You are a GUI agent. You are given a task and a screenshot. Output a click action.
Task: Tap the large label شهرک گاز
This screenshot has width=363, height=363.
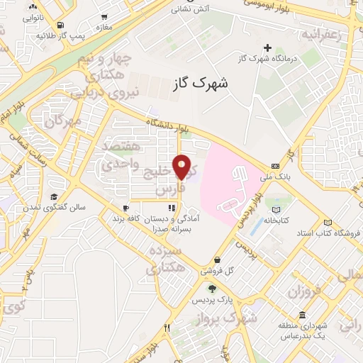click(x=201, y=84)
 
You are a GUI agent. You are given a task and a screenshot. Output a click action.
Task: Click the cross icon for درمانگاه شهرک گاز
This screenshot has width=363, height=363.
click(x=267, y=48)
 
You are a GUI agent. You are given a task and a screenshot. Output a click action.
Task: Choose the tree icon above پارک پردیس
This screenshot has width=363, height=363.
click(x=211, y=288)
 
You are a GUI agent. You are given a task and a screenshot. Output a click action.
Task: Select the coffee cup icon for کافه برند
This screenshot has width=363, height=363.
click(x=125, y=208)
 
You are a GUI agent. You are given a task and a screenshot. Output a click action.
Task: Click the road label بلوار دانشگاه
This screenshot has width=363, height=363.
click(x=167, y=125)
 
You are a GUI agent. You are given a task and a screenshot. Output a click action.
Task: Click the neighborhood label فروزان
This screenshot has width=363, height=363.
click(x=305, y=290)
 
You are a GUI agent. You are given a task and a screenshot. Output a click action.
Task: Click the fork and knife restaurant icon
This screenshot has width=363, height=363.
click(x=168, y=328)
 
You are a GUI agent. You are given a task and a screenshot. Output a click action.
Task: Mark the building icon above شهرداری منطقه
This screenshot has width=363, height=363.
click(x=303, y=315)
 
